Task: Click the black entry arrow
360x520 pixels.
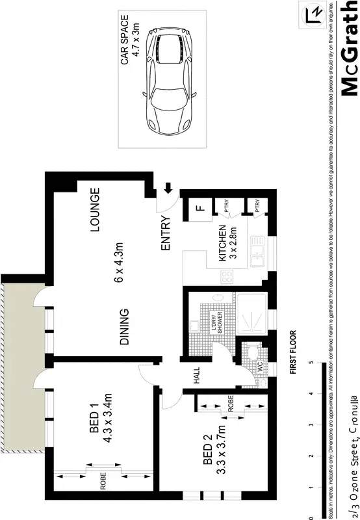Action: tap(168, 188)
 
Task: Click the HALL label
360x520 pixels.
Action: tap(194, 375)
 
